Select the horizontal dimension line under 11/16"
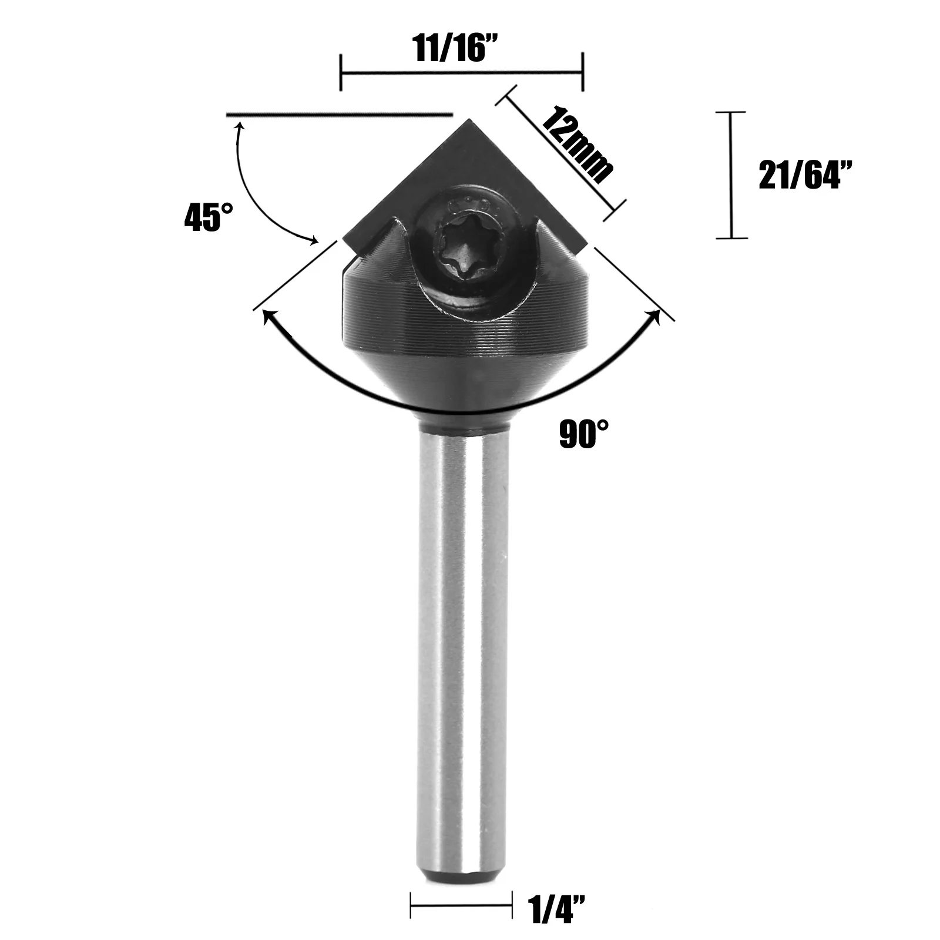[461, 73]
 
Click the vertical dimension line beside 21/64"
[731, 174]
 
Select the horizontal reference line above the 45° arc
[340, 113]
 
